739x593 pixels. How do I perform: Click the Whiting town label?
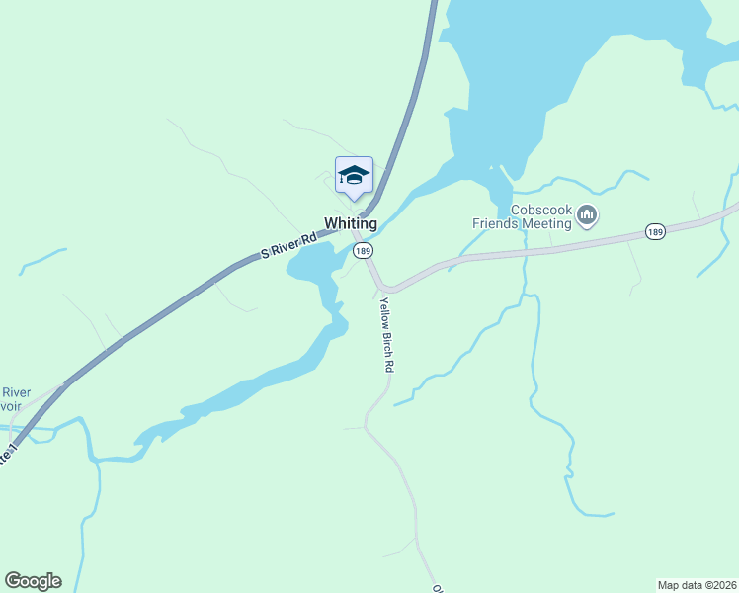click(x=351, y=223)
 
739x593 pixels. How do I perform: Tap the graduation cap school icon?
click(x=354, y=176)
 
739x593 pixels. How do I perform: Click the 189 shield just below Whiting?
click(x=365, y=251)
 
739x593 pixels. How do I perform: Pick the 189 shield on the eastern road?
click(x=655, y=231)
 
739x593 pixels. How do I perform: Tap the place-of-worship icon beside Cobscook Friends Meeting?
click(x=587, y=215)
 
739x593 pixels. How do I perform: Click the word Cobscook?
click(x=541, y=210)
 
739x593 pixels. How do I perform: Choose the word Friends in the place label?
click(x=495, y=223)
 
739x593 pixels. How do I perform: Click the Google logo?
click(x=33, y=581)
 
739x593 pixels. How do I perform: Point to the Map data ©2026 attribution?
click(x=697, y=585)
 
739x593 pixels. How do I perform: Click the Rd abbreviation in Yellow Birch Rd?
click(x=389, y=364)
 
